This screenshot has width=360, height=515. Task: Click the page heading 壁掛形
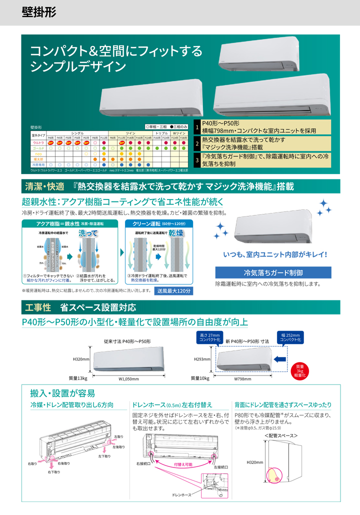(39, 12)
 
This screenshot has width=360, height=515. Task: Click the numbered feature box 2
(197, 144)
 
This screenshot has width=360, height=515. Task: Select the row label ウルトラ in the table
(38, 142)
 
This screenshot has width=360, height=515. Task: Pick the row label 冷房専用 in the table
(38, 164)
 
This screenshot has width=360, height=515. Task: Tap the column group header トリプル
(161, 133)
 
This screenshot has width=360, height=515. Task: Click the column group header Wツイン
(179, 133)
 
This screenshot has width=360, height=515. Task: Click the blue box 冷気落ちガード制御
(273, 272)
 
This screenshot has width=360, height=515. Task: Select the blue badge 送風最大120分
(173, 290)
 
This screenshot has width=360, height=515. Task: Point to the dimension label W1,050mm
(128, 379)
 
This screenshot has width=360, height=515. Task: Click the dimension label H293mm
(202, 359)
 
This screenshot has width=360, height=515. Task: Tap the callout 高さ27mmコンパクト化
(209, 337)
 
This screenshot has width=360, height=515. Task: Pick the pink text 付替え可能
(183, 465)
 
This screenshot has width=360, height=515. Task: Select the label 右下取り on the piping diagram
(54, 471)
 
